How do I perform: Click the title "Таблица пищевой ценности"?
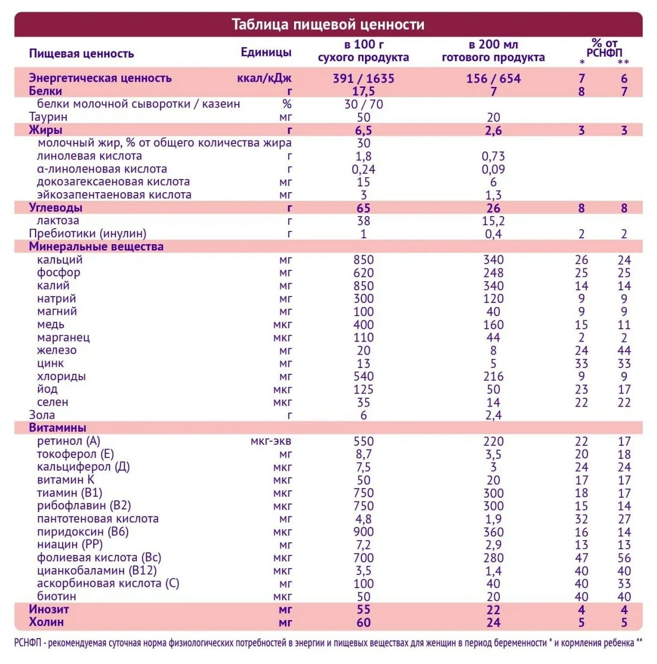click(328, 24)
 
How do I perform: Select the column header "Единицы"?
click(266, 52)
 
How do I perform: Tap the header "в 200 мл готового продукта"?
click(493, 51)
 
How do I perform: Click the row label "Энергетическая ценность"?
click(100, 78)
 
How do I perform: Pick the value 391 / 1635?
click(363, 78)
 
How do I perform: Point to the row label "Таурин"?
click(48, 116)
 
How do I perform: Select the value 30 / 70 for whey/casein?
click(363, 104)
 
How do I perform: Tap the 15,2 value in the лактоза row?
click(493, 221)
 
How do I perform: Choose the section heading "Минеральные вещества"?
click(96, 246)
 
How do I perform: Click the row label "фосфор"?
click(59, 273)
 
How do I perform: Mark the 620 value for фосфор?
click(363, 273)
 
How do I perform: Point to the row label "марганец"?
click(64, 337)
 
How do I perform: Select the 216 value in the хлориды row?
click(493, 376)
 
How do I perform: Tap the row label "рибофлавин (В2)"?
click(84, 506)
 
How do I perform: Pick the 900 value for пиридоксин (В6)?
click(363, 532)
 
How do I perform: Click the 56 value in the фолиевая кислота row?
click(624, 558)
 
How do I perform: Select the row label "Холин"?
click(46, 622)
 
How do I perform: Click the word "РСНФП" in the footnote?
click(28, 643)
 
